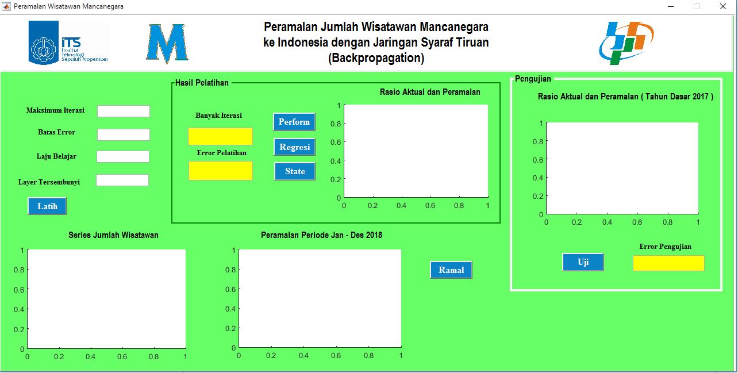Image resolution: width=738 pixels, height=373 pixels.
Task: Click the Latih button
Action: point(47,206)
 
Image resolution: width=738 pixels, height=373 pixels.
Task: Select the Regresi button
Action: point(294,147)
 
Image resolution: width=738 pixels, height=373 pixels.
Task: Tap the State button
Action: point(295,171)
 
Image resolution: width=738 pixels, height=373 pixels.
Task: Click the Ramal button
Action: point(451,270)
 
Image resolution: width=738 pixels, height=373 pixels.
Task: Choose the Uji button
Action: point(583,262)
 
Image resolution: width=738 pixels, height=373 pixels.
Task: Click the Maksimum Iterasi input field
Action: point(124,111)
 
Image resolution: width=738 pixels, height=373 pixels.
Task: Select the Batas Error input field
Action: point(124,134)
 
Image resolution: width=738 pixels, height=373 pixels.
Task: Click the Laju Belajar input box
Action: point(123,156)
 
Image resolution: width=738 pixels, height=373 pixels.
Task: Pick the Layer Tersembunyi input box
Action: point(122,180)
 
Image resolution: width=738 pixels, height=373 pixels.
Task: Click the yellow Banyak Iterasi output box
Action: point(220,136)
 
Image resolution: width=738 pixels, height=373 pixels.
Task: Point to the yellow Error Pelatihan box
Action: point(221,171)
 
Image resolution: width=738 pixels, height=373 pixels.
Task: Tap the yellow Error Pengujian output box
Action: point(668,263)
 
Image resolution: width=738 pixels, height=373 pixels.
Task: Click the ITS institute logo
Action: point(68,43)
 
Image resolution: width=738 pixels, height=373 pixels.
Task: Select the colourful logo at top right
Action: point(626,43)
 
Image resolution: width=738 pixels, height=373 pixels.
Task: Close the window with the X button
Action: point(723,6)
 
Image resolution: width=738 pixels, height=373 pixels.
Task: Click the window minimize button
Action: point(671,6)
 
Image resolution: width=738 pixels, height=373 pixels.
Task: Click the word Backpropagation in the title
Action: point(376,58)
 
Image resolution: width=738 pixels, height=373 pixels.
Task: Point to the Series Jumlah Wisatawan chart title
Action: point(113,235)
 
